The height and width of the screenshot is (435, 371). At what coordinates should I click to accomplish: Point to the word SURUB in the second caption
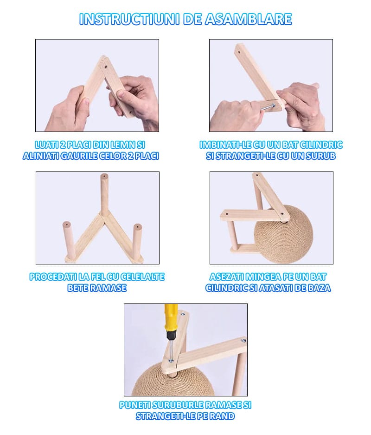[322, 156]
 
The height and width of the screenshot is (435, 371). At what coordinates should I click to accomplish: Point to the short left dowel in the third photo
[68, 240]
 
